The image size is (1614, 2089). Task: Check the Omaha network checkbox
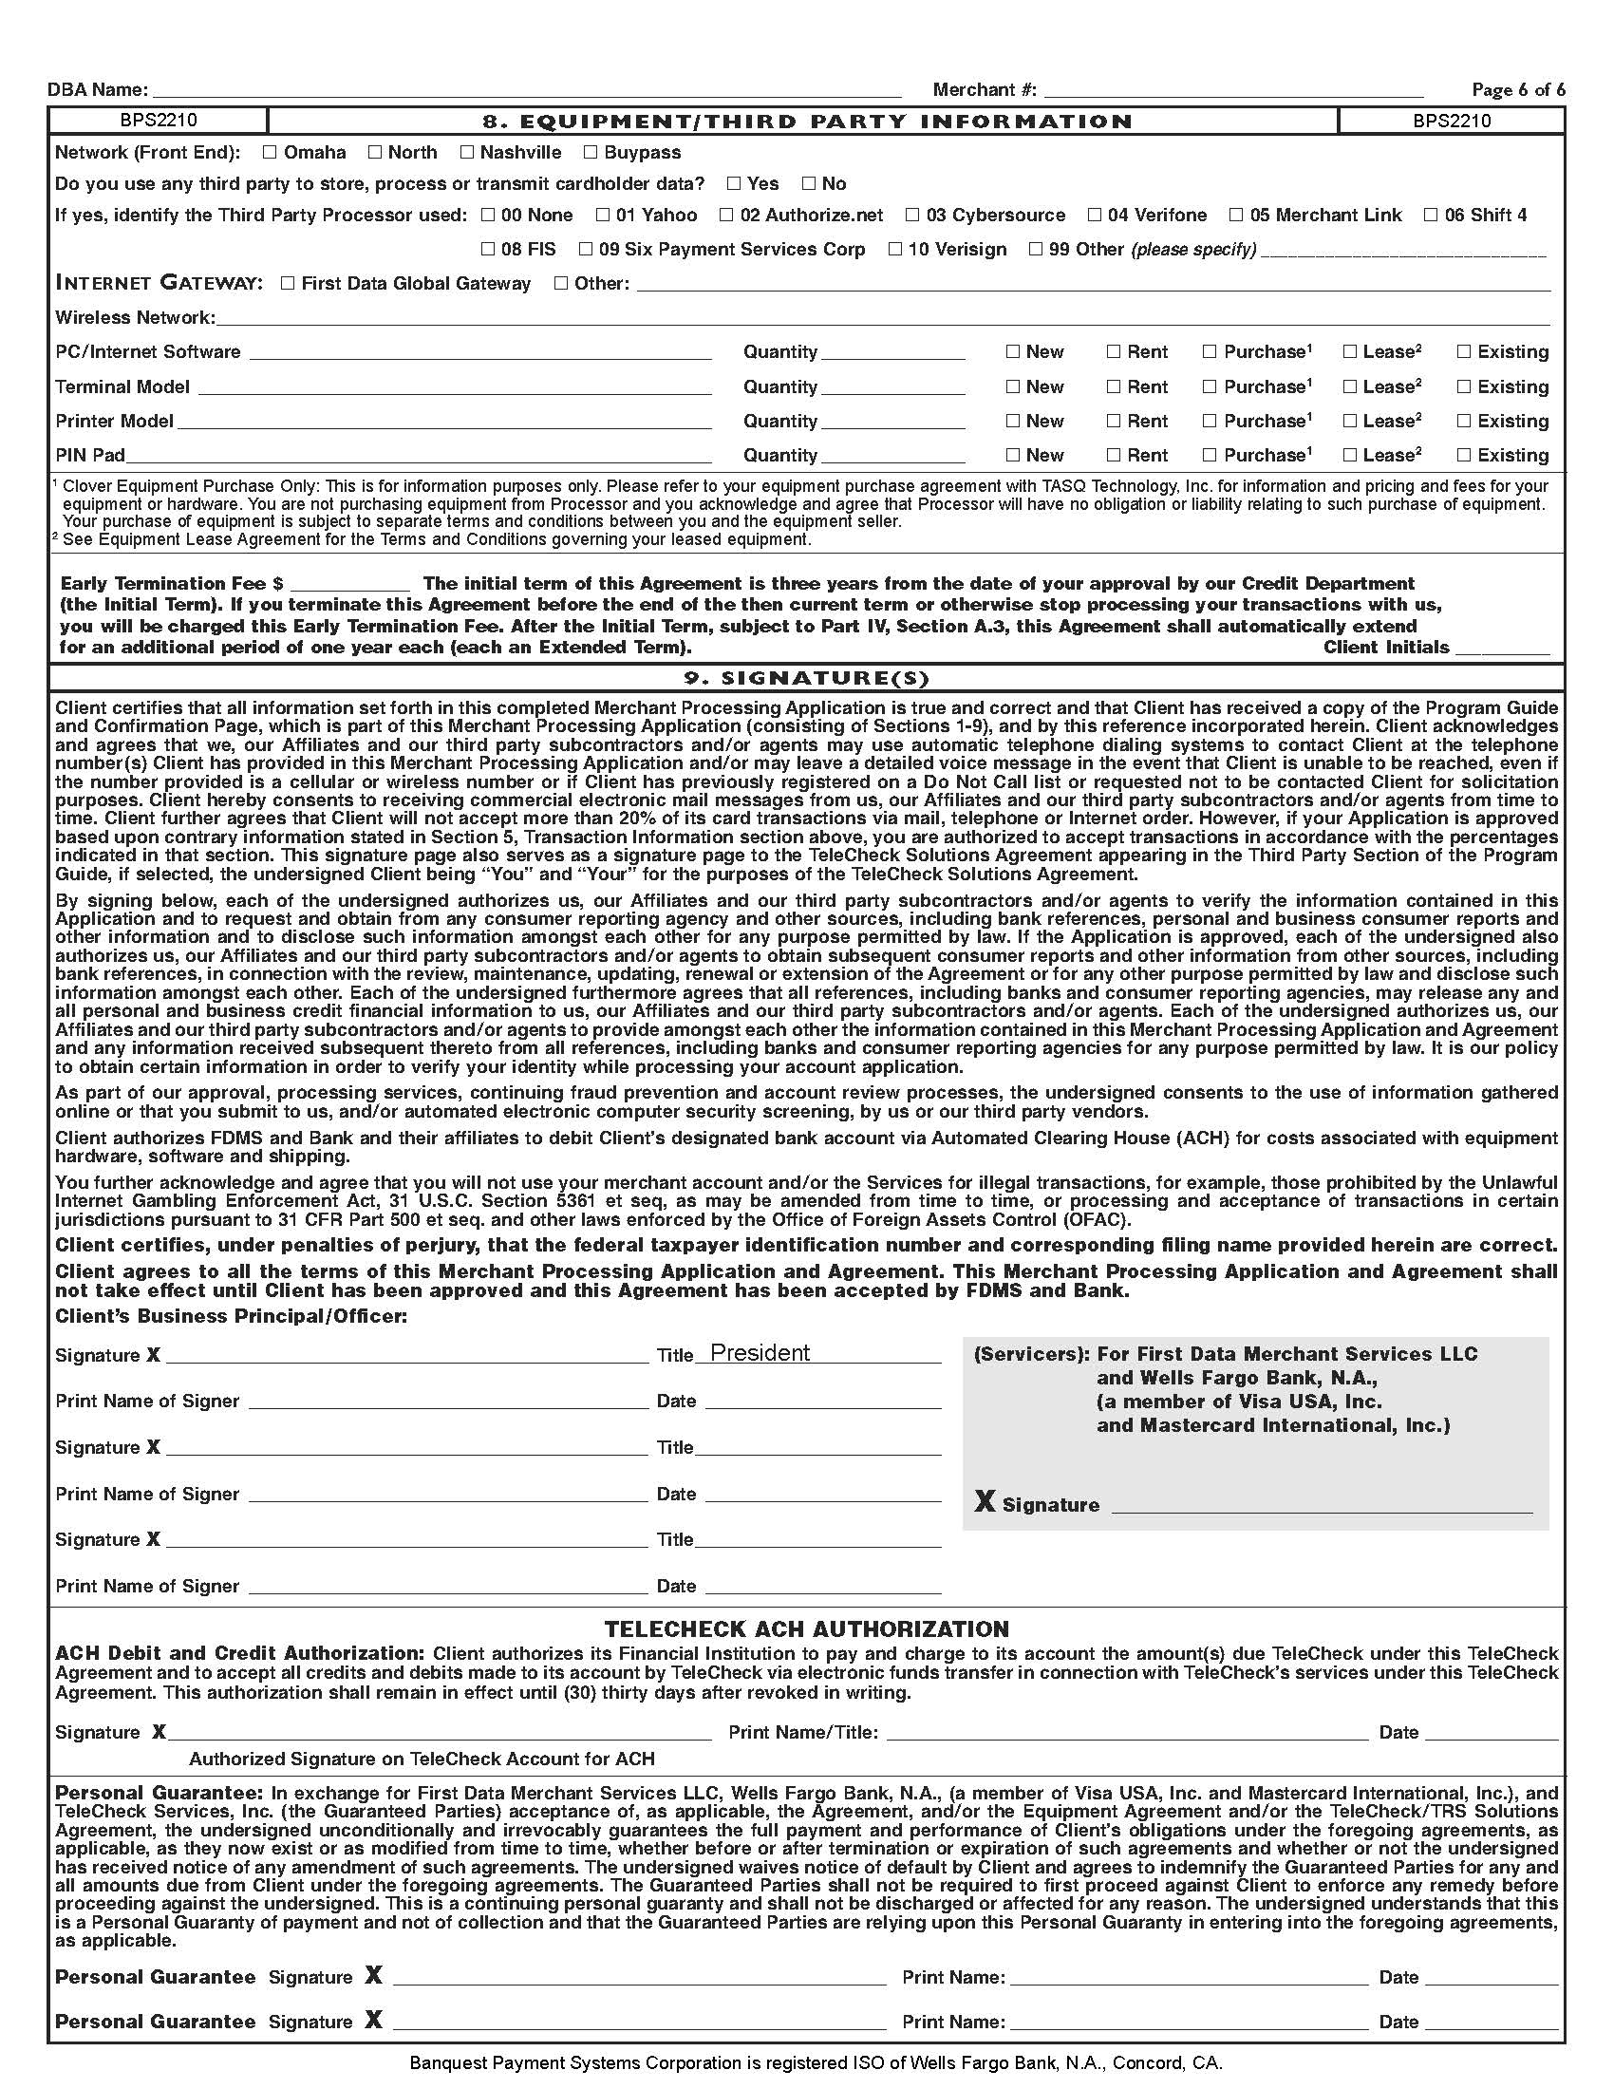(270, 152)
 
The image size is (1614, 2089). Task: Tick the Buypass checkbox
(591, 152)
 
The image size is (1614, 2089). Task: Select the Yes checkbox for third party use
(733, 183)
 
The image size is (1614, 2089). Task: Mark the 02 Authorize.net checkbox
(726, 216)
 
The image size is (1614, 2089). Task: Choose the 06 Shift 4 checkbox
(1432, 216)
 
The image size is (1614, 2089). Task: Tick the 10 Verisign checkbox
(895, 250)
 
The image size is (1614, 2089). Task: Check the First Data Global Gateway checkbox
(288, 283)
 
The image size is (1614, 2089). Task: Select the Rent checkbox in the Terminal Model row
(1114, 386)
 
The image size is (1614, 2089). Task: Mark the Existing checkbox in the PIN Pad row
(1464, 455)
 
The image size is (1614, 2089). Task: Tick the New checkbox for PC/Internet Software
(1013, 352)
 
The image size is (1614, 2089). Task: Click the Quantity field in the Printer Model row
(893, 421)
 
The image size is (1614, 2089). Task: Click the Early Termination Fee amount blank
(350, 583)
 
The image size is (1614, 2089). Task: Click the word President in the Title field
(760, 1352)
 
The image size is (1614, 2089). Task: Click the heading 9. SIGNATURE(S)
(806, 678)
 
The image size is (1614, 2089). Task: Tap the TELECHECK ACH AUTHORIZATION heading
(806, 1628)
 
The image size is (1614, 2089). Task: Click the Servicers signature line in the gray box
(1322, 1505)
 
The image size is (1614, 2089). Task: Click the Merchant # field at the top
(1233, 90)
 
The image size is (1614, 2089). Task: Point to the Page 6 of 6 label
(1518, 90)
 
